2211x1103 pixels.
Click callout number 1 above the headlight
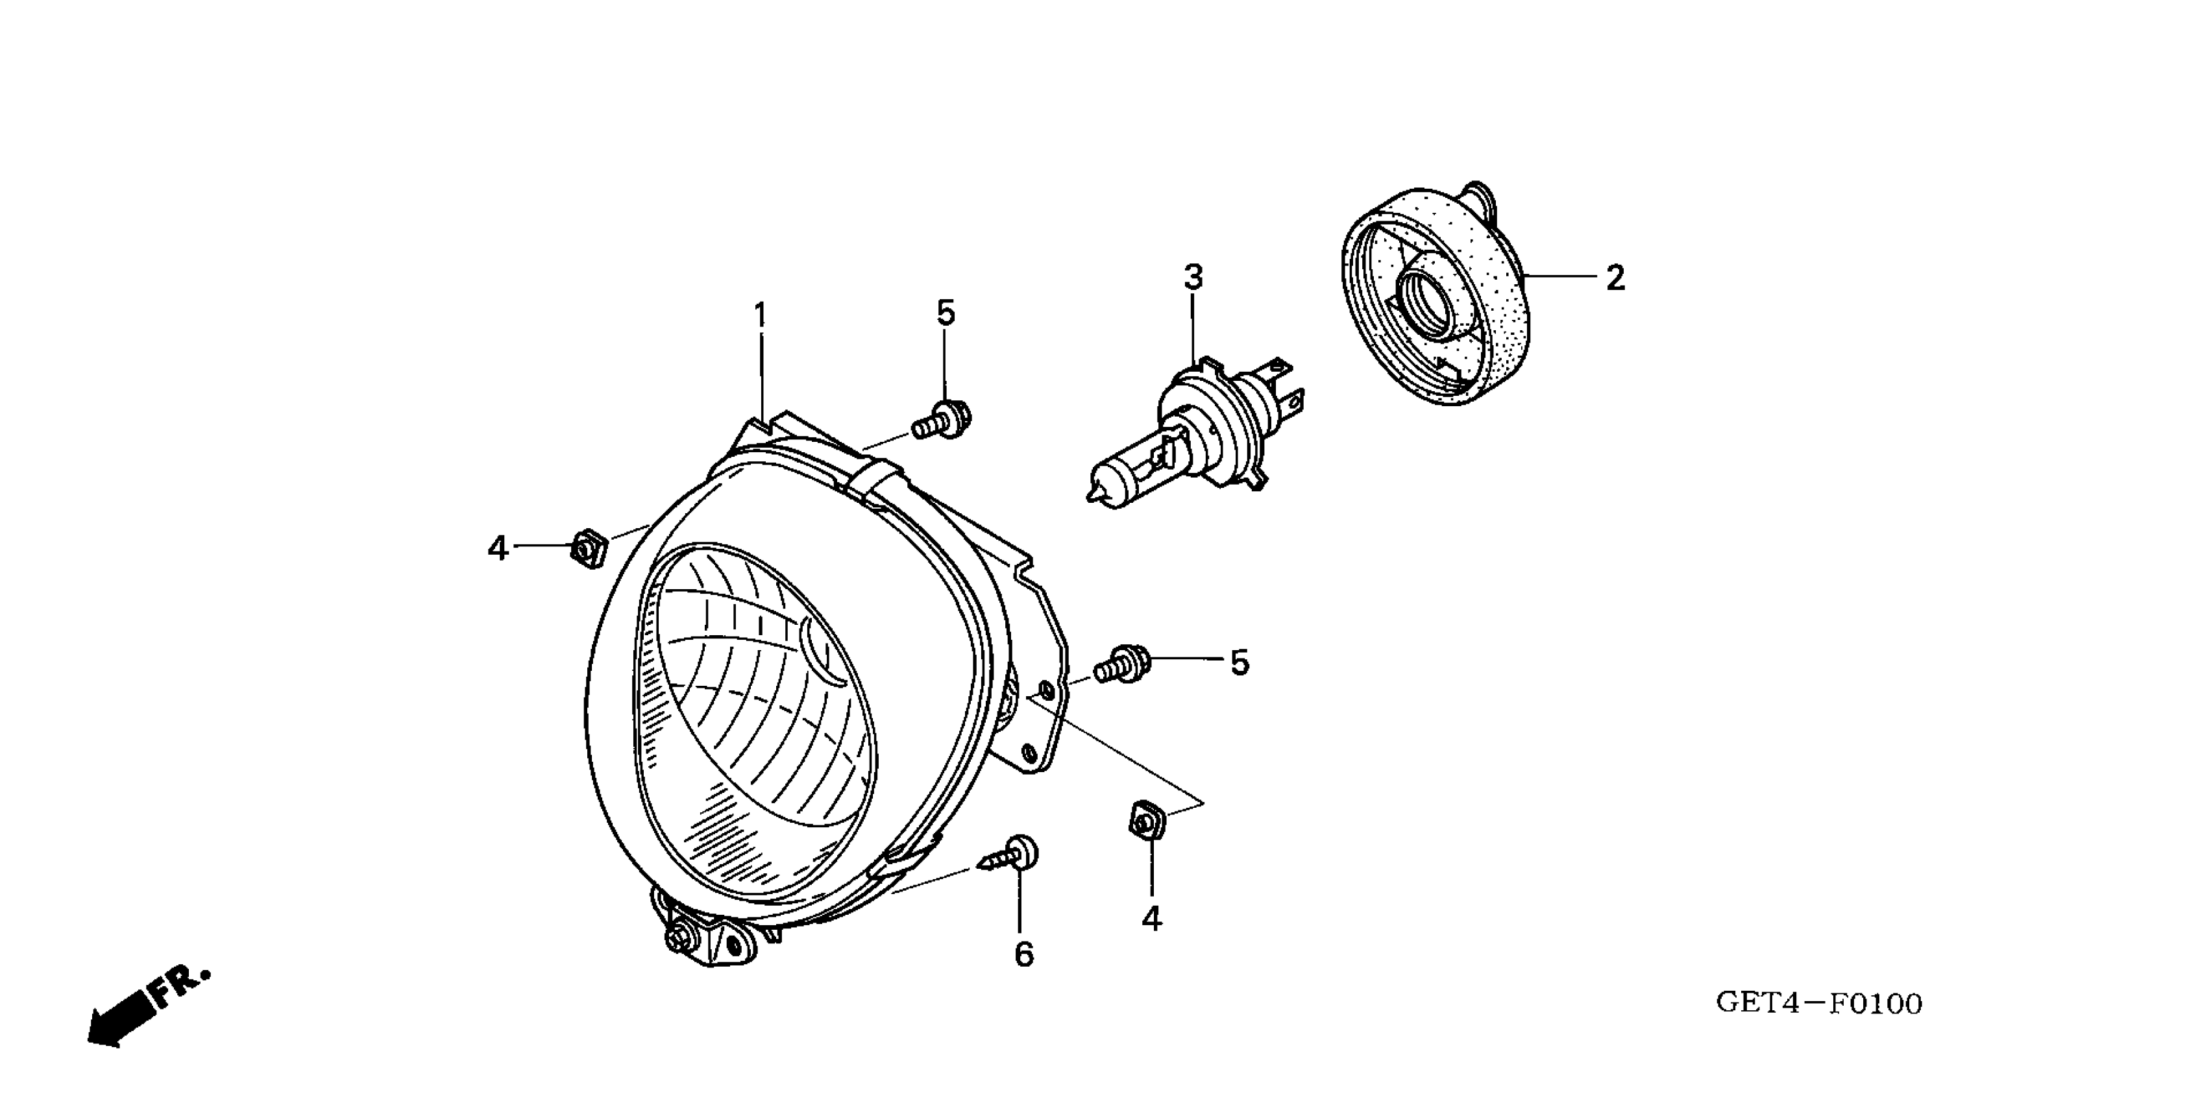[759, 316]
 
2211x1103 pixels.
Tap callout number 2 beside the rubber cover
[1615, 278]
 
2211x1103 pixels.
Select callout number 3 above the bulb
[1193, 277]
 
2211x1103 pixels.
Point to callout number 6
[1024, 954]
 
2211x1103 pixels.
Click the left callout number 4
[498, 548]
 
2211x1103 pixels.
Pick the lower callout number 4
[1151, 919]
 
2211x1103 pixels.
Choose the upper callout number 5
[945, 313]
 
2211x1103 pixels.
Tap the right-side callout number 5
[1240, 662]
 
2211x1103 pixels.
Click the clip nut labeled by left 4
[588, 548]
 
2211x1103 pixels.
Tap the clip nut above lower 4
[1146, 821]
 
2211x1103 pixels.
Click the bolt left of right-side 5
[1123, 664]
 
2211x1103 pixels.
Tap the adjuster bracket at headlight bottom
[704, 936]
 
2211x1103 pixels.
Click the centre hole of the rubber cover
[1427, 302]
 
